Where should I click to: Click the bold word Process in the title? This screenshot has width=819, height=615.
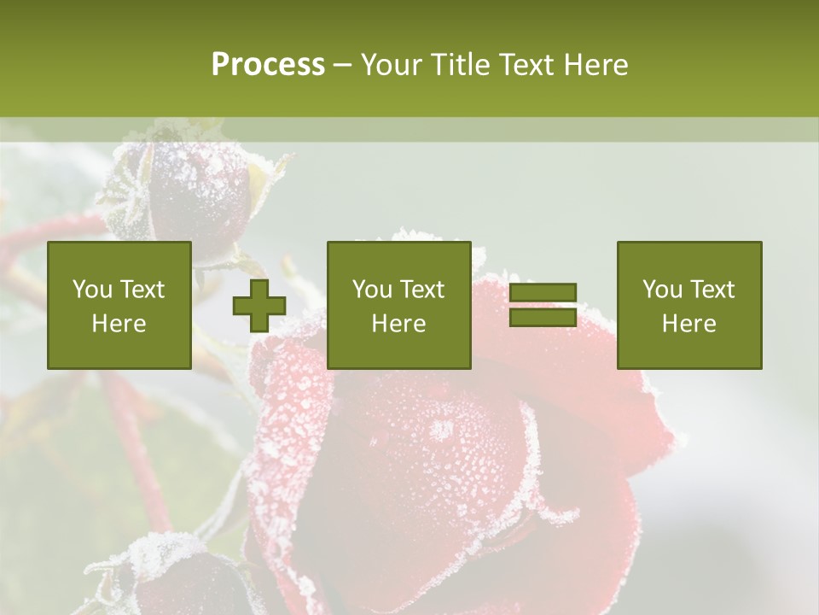[268, 65]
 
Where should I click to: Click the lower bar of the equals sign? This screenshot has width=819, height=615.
[543, 318]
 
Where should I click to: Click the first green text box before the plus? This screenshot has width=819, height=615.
[119, 305]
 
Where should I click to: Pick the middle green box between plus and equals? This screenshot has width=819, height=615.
[399, 305]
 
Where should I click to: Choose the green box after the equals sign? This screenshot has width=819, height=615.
[689, 305]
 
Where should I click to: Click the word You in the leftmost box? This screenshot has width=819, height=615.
[92, 290]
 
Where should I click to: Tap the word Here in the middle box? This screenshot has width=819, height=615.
[399, 324]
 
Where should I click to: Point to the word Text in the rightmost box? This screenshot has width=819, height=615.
[712, 290]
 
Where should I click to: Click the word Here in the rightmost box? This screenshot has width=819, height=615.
[689, 324]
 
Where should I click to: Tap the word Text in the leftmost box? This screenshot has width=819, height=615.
[142, 290]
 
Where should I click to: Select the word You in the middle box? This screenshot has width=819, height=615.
[372, 290]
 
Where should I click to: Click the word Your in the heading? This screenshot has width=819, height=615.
[392, 65]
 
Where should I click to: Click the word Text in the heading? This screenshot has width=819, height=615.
[527, 65]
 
